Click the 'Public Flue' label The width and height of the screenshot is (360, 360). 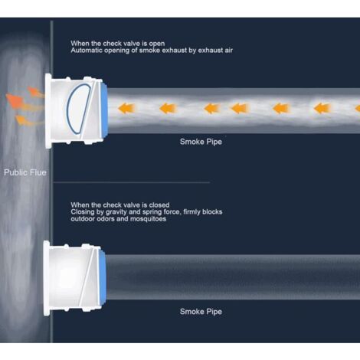tap(25, 172)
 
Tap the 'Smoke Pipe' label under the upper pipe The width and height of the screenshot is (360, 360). tap(201, 142)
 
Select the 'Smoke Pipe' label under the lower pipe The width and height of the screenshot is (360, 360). tap(201, 312)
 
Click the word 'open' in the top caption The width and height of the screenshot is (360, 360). tap(157, 44)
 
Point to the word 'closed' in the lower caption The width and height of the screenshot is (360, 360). tap(159, 205)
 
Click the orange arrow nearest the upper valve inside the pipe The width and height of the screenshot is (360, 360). tap(126, 108)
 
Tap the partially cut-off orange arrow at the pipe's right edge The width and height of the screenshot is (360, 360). tap(358, 108)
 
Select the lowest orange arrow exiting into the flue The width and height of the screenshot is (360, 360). tap(25, 121)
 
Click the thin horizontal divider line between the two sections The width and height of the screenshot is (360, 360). tap(131, 182)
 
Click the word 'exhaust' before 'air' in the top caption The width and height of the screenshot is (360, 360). tap(210, 51)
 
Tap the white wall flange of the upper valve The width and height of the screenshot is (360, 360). tap(48, 111)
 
